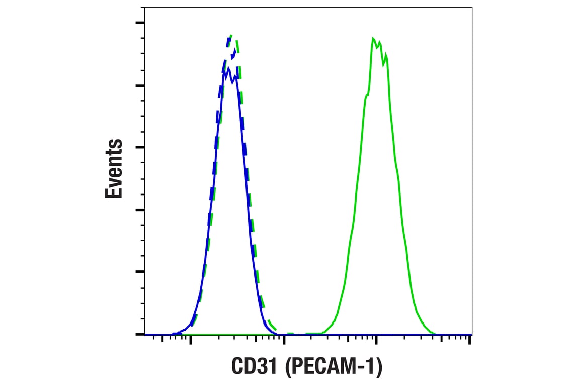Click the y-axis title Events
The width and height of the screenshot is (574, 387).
[114, 169]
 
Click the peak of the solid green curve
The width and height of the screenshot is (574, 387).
[373, 39]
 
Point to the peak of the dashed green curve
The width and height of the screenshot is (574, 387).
[231, 36]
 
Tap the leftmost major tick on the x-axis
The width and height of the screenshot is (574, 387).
[191, 340]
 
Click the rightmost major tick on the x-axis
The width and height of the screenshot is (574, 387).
[469, 340]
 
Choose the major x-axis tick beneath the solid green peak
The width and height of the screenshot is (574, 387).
[376, 340]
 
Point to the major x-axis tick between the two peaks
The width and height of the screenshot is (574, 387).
[284, 340]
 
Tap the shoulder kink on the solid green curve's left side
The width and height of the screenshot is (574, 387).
[366, 95]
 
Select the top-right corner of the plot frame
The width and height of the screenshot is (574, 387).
[472, 7]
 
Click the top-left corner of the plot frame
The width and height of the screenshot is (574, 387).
[144, 7]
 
